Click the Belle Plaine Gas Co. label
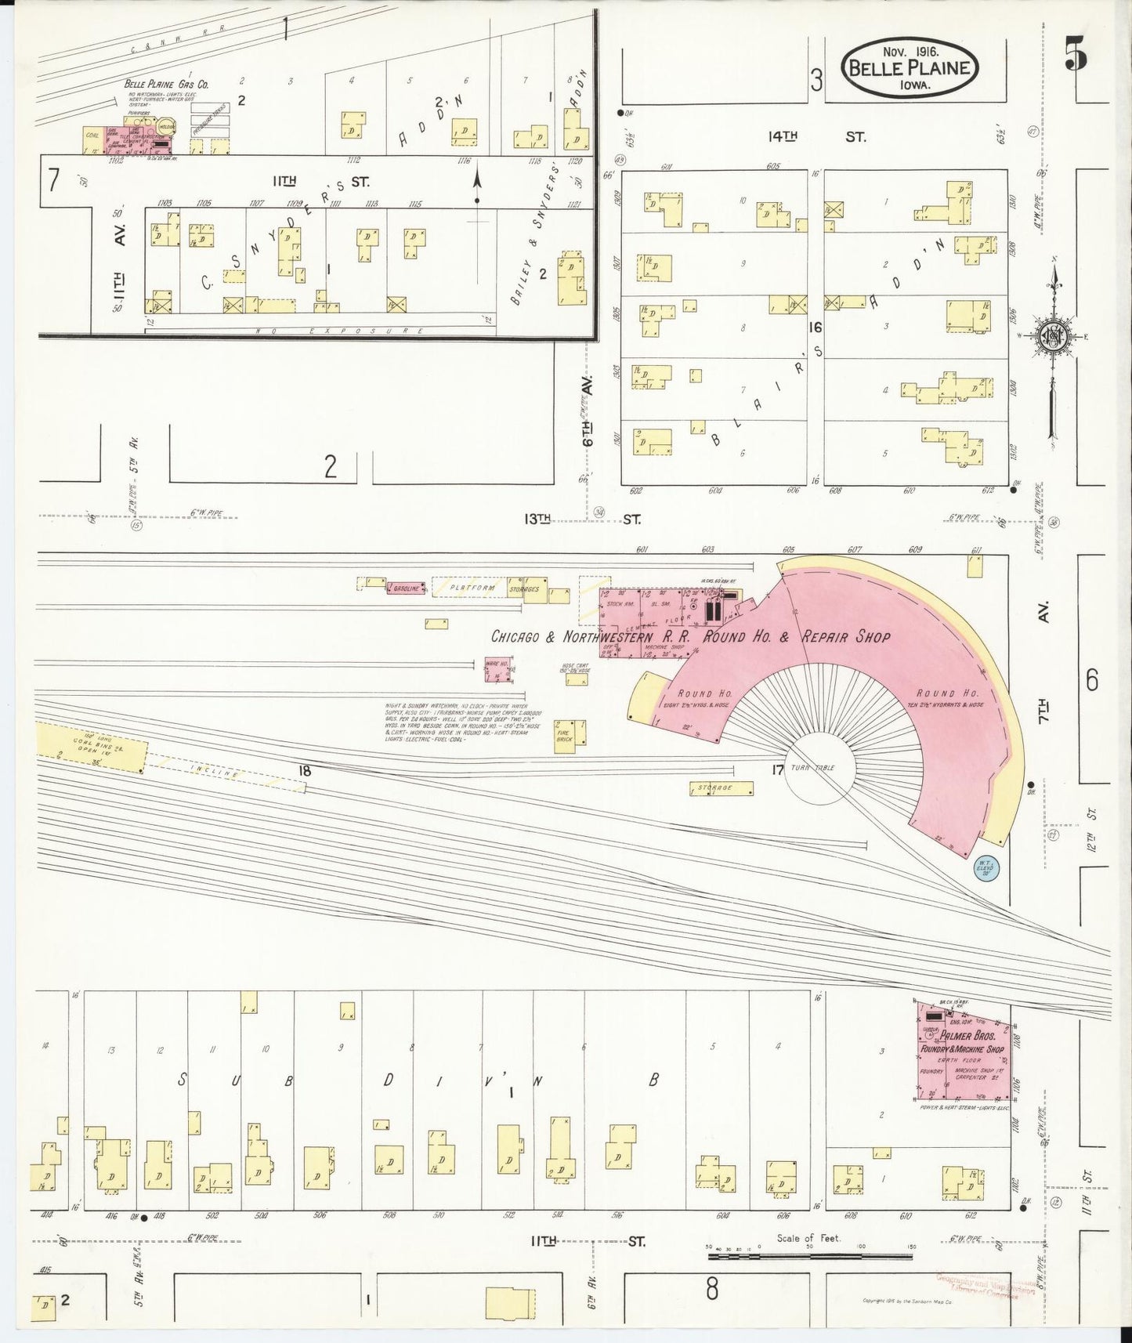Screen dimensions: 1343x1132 (x=164, y=83)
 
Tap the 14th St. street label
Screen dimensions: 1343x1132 (x=816, y=136)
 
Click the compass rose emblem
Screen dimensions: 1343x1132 (x=1052, y=337)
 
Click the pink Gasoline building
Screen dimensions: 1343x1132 (x=406, y=587)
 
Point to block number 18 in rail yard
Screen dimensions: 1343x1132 (x=305, y=771)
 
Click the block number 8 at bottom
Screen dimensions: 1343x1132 (x=711, y=1289)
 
